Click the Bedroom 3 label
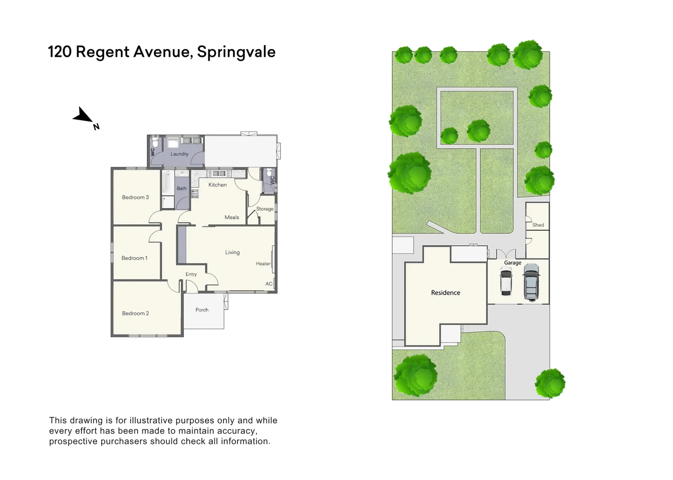(135, 197)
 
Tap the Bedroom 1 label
(134, 258)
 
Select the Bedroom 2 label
(135, 313)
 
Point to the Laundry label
(179, 154)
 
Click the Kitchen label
(218, 185)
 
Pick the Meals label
(232, 217)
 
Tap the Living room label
(232, 252)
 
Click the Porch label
(202, 310)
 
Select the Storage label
(265, 209)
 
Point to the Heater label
(263, 264)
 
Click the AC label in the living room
(269, 284)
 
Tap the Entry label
(191, 274)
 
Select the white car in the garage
(506, 281)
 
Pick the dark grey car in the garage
(531, 282)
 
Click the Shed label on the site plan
(538, 225)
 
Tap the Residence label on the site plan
(446, 292)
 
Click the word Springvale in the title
(236, 52)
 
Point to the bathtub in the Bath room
(167, 183)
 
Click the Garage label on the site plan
(513, 263)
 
